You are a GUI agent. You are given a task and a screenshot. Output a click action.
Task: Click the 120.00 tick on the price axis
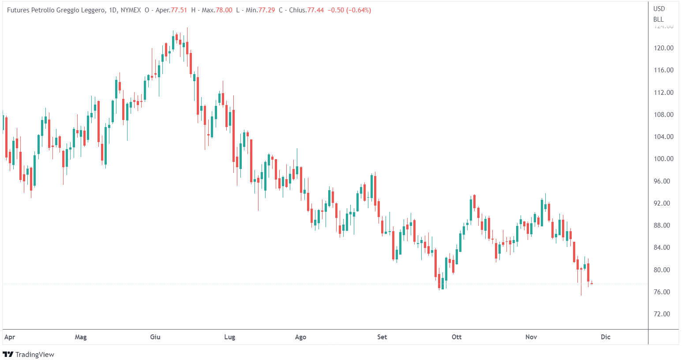663,48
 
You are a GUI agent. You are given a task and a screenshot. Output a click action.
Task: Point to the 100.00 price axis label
663,159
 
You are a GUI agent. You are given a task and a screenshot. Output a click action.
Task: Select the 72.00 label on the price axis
662,314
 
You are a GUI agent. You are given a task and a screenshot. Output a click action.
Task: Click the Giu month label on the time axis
155,337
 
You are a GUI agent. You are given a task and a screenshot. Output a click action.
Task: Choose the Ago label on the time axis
300,337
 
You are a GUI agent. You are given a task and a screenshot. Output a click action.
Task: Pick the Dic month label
606,337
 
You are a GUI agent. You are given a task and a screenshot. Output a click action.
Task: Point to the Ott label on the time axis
457,337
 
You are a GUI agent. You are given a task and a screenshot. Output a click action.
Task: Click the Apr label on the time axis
10,337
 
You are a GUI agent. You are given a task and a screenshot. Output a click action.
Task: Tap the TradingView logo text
34,355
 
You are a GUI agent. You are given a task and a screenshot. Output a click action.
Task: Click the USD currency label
659,9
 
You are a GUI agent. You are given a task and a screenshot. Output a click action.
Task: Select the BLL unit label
658,19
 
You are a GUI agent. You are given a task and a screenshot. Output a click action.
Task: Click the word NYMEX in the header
131,10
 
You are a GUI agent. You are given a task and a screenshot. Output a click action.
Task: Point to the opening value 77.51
178,10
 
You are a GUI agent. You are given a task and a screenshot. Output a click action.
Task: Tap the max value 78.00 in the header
223,10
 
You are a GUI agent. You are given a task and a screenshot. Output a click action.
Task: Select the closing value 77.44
315,10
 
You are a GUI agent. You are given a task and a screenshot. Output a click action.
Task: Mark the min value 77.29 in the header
267,10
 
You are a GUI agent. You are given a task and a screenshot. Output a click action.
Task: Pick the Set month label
382,337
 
